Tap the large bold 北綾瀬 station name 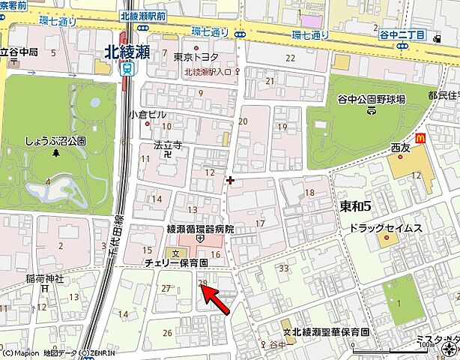(x=147, y=51)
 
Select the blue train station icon (x=128, y=69)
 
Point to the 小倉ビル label (x=147, y=115)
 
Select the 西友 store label (x=402, y=148)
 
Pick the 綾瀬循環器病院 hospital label (x=199, y=229)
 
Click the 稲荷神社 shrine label (x=46, y=278)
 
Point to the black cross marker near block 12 (x=229, y=180)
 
